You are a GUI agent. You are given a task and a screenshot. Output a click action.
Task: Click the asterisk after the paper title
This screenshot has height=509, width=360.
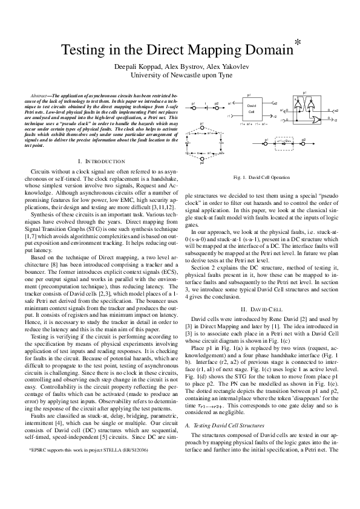297,42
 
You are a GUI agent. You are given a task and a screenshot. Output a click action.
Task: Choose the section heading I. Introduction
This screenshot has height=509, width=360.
101,161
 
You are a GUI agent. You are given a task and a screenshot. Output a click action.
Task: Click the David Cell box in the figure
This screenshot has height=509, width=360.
252,109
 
